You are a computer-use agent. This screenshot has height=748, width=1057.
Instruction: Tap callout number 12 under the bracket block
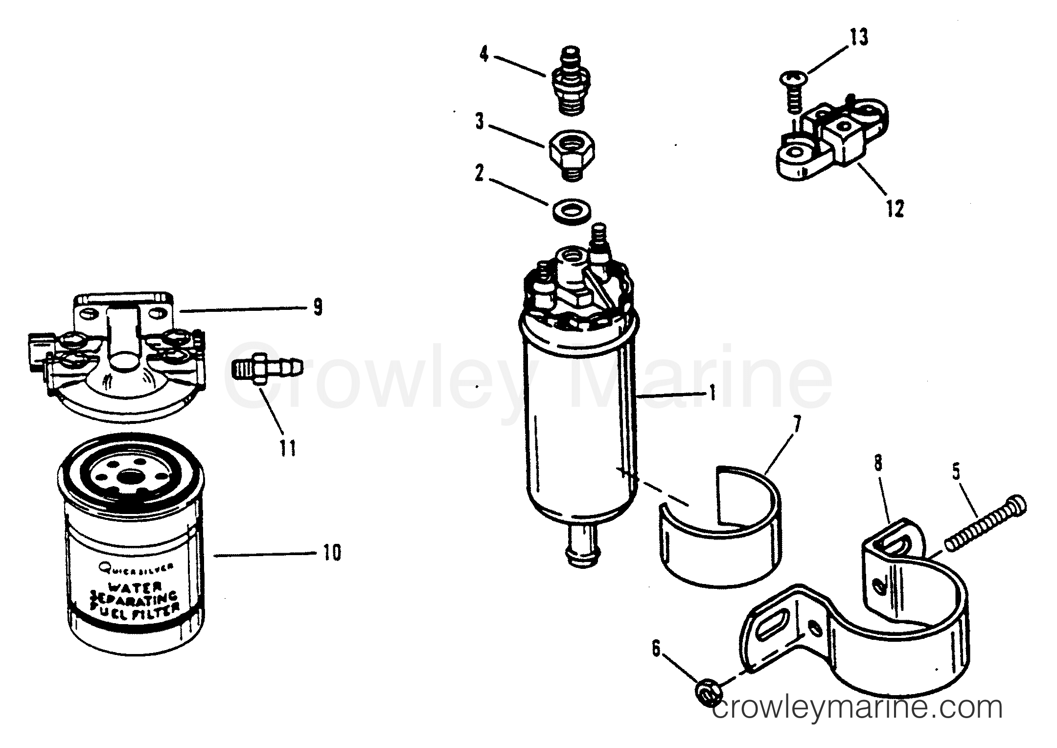coord(894,209)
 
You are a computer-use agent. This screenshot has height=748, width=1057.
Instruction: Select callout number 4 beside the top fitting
coord(483,54)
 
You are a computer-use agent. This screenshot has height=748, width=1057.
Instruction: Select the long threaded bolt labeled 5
coord(984,525)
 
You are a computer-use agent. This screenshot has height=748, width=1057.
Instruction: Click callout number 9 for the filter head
coord(318,307)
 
